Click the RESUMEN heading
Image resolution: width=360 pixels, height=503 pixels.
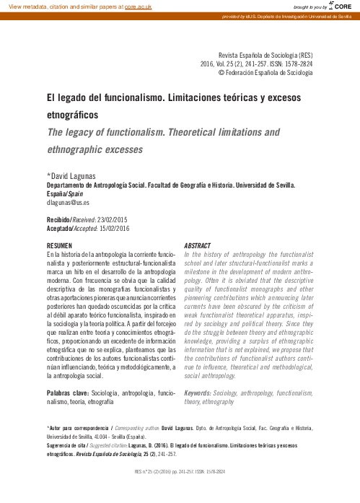[x=59, y=246]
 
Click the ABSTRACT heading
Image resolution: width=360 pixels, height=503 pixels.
[x=198, y=246]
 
